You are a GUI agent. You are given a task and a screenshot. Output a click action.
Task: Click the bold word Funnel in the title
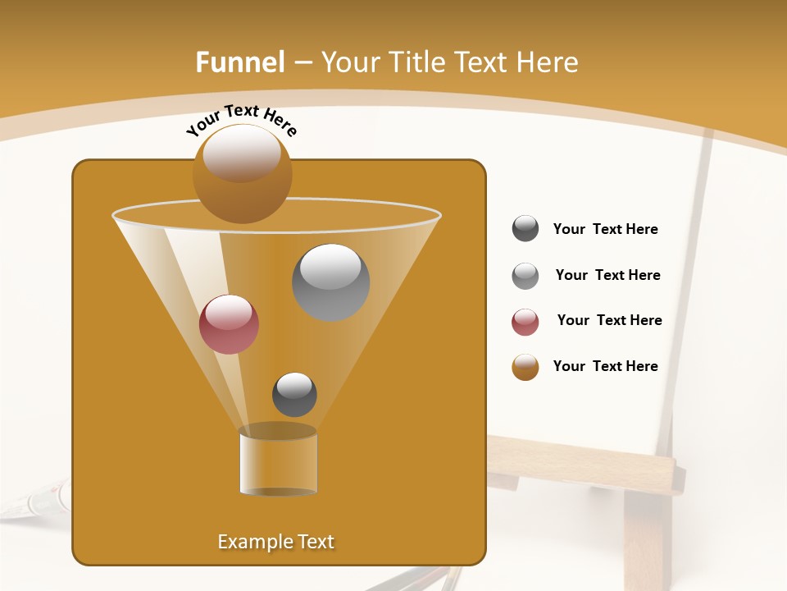pos(240,62)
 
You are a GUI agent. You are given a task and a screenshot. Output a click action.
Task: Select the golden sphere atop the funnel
pos(242,173)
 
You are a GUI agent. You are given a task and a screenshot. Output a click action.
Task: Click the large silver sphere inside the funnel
pos(330,282)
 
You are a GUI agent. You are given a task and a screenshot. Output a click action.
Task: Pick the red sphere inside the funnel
pos(229,324)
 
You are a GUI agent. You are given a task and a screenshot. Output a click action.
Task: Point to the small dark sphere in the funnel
pos(294,394)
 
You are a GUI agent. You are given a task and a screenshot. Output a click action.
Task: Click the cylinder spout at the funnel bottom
pos(278,460)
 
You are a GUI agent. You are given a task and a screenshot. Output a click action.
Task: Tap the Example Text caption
pos(276,542)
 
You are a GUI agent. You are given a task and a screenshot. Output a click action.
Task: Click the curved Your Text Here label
pos(242,120)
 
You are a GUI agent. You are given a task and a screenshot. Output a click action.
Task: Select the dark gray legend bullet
pos(525,229)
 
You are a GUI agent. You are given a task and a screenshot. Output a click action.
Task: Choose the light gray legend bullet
pos(525,276)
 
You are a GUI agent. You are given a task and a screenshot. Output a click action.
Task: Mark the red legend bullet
pos(525,322)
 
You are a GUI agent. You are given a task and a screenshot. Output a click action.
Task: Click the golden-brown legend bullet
pos(525,367)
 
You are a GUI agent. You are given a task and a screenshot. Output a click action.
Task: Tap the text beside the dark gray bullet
pos(605,230)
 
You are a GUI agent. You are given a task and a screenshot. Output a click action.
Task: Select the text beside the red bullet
pos(609,320)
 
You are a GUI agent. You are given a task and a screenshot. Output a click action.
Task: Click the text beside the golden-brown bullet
pos(605,366)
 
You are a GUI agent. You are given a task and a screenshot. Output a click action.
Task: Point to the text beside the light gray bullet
pos(607,275)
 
